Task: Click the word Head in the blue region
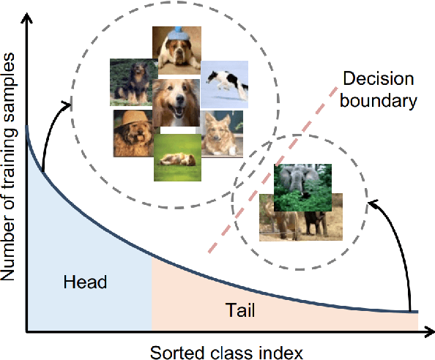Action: pos(86,282)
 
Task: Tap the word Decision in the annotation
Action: pos(378,80)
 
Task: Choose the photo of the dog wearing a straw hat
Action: pos(133,133)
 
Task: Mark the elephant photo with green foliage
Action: pos(302,187)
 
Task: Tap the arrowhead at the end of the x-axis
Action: pos(427,333)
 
